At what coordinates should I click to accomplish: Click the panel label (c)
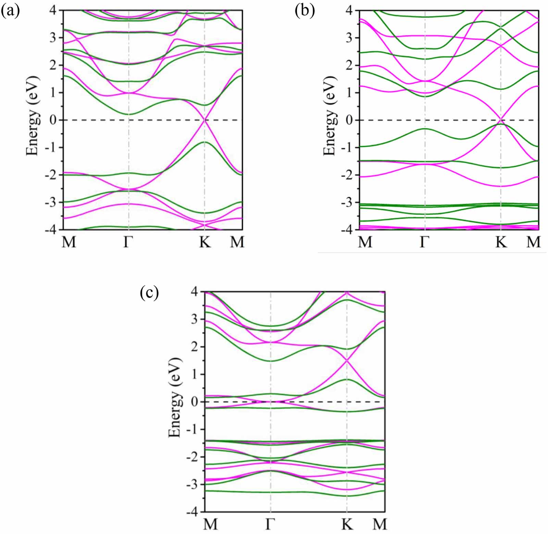(x=149, y=293)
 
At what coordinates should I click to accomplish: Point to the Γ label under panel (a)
(x=128, y=242)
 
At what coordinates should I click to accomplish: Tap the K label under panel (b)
(x=501, y=242)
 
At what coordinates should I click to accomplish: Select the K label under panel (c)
(x=347, y=524)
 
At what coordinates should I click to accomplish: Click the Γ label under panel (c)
(x=270, y=524)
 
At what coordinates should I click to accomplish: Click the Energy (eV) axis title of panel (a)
(x=33, y=116)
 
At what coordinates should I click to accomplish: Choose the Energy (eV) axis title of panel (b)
(x=330, y=116)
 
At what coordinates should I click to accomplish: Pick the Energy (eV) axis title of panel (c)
(x=175, y=398)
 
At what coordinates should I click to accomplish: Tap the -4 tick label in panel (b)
(x=348, y=230)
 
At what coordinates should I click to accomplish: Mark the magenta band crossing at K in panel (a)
(x=204, y=120)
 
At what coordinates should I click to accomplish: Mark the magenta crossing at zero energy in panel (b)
(x=501, y=120)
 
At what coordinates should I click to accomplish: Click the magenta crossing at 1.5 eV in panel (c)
(x=347, y=360)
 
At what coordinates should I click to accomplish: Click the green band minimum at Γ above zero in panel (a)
(x=129, y=114)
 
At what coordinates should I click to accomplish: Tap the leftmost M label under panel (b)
(x=365, y=242)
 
